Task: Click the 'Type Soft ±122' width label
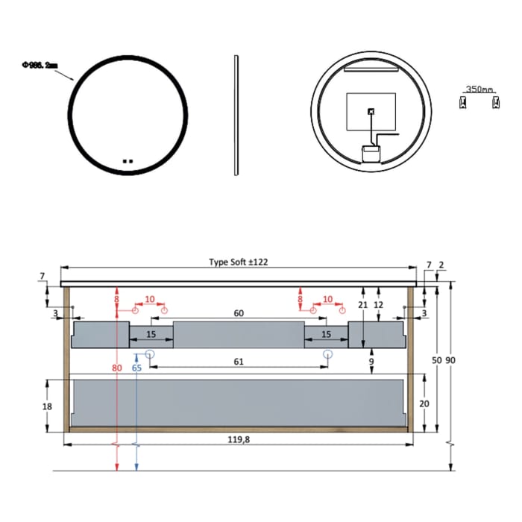pyautogui.click(x=239, y=262)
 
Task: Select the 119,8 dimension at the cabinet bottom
pyautogui.click(x=239, y=440)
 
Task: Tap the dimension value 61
pyautogui.click(x=239, y=362)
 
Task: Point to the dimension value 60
pyautogui.click(x=239, y=314)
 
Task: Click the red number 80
pyautogui.click(x=117, y=368)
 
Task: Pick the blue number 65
pyautogui.click(x=136, y=368)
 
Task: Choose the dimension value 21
pyautogui.click(x=362, y=305)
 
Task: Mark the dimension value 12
pyautogui.click(x=379, y=305)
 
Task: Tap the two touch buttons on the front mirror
pyautogui.click(x=127, y=159)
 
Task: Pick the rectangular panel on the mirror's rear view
pyautogui.click(x=371, y=114)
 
